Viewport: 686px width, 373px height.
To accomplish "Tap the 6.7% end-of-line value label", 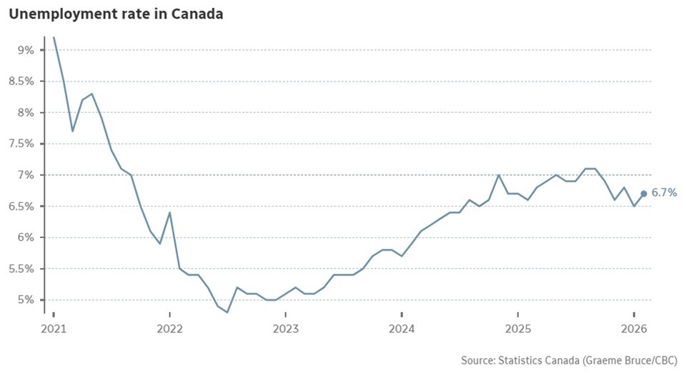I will (663, 193).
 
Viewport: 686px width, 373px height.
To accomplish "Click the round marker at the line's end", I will (644, 194).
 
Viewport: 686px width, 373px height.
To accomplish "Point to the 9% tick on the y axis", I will (26, 50).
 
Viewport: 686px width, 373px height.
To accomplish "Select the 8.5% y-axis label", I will (21, 81).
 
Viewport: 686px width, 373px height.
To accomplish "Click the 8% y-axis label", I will (26, 112).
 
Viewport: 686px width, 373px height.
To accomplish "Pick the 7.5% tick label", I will (21, 144).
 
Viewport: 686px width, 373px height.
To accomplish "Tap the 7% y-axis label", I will (26, 175).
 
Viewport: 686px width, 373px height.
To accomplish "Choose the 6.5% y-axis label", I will (21, 207).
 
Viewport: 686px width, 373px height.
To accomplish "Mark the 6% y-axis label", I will (26, 237).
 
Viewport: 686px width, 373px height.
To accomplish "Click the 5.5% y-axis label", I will (21, 269).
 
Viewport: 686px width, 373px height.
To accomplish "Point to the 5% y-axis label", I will (26, 300).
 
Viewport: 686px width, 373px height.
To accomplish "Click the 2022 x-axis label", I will (169, 329).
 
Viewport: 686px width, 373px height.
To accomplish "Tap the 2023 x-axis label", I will (286, 329).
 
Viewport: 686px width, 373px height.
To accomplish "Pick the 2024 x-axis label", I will (402, 329).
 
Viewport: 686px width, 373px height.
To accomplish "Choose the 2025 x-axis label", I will (518, 329).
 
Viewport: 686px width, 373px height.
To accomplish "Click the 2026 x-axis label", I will (635, 329).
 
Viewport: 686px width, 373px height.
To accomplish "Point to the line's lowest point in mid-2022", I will (227, 312).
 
